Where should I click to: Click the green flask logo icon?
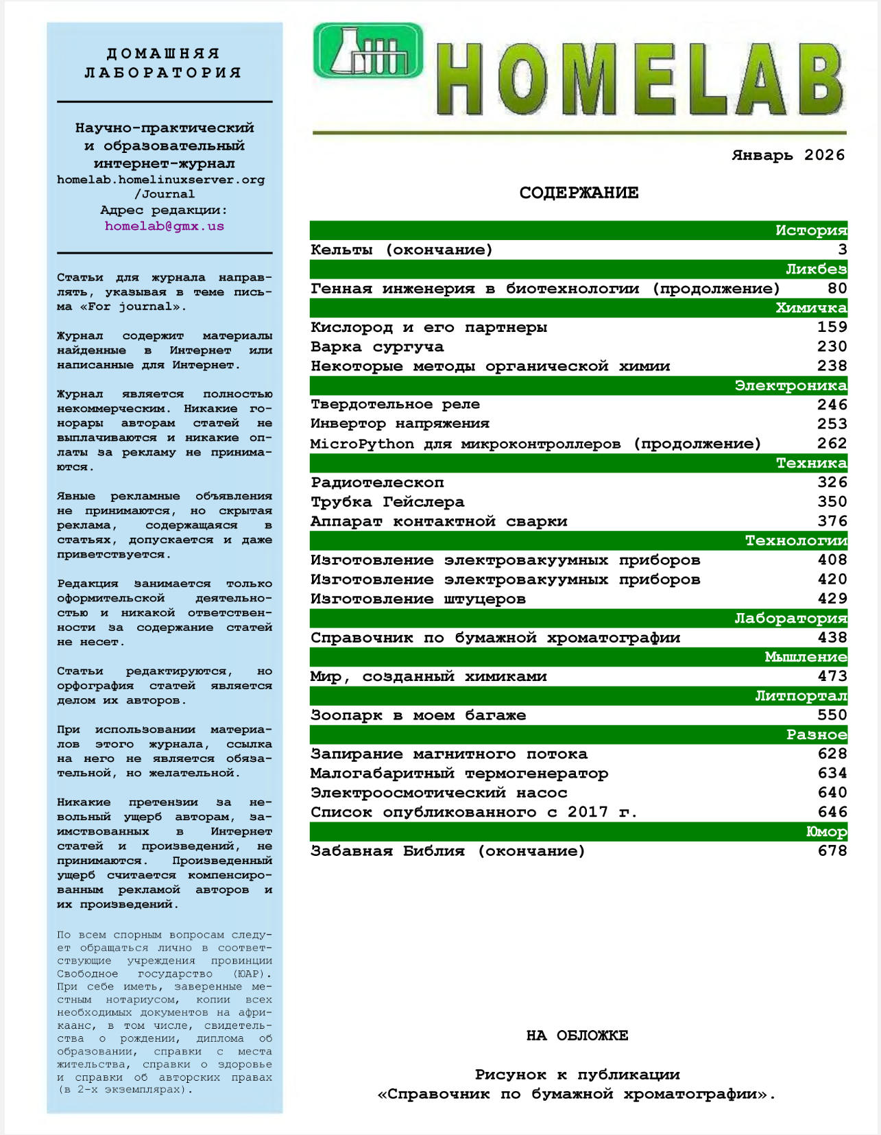(x=368, y=51)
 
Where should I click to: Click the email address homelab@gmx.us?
(x=165, y=226)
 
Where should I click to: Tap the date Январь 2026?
(x=788, y=155)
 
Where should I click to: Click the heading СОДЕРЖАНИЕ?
(x=579, y=193)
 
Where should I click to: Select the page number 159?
(x=832, y=327)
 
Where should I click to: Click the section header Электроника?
(x=791, y=385)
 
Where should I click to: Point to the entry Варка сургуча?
(x=377, y=346)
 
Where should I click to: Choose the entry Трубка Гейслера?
(x=387, y=501)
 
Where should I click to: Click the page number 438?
(x=832, y=637)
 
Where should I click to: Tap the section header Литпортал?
(x=801, y=696)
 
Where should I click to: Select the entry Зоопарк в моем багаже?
(x=418, y=715)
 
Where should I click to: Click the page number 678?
(x=832, y=850)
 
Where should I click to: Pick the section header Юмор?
(x=826, y=832)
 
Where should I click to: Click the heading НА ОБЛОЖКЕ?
(x=577, y=1035)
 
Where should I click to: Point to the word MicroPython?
(x=362, y=444)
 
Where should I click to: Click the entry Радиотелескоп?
(x=377, y=482)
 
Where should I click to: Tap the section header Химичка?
(x=811, y=308)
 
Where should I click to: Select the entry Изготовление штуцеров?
(x=418, y=599)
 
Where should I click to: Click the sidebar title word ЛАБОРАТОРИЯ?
(x=163, y=72)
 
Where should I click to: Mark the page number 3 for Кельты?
(x=842, y=250)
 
